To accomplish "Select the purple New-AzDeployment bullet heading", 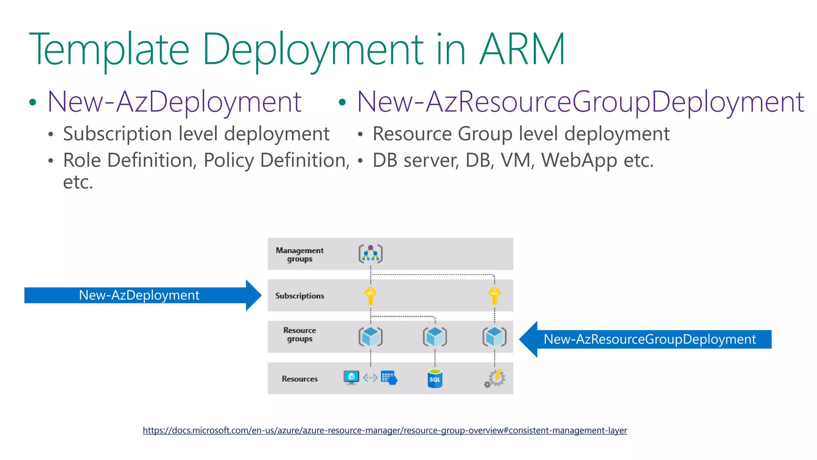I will (x=174, y=102).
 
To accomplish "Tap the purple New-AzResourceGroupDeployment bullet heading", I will (x=580, y=102).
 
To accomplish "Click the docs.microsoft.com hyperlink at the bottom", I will (x=385, y=430).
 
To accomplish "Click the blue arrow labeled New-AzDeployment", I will (x=140, y=295).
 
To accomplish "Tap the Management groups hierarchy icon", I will (x=370, y=254).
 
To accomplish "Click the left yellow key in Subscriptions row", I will (x=370, y=296).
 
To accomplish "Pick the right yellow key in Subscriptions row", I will (x=494, y=296).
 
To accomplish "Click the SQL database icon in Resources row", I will (x=435, y=379).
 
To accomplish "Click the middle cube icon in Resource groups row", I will (x=435, y=337).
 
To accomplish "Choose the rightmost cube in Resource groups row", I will (x=494, y=337).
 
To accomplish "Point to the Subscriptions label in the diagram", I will (x=300, y=296).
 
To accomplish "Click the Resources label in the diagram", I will (x=300, y=379).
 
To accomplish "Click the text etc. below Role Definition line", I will (x=78, y=182).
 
